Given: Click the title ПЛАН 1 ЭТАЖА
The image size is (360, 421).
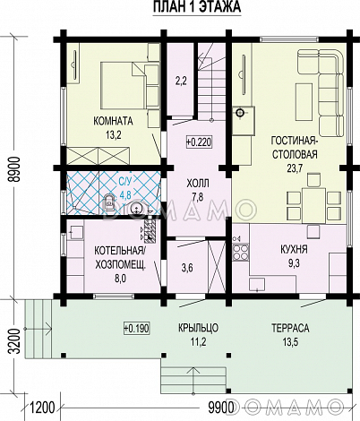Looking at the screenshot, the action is [x=197, y=7].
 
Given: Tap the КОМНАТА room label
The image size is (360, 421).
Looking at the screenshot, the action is [x=113, y=121].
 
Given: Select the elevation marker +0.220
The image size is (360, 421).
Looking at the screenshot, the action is [x=199, y=142].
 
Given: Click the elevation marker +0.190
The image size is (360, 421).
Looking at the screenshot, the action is [x=136, y=328].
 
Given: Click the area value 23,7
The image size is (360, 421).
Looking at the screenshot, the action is [x=295, y=168].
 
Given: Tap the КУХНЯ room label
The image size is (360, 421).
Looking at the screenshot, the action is [x=294, y=249].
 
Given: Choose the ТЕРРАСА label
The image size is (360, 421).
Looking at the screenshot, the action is [x=290, y=328].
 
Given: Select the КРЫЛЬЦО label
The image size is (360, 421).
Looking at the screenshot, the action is [x=199, y=328].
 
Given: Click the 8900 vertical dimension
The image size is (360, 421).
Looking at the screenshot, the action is [x=14, y=168].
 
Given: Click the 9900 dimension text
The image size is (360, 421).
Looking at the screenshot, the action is [x=220, y=408].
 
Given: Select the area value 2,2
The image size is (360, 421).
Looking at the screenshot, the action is [x=181, y=81].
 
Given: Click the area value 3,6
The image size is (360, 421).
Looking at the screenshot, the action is [x=187, y=268].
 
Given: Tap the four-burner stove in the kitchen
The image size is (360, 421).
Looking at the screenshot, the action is [x=240, y=253].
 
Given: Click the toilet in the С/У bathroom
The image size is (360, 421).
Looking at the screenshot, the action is [x=109, y=202].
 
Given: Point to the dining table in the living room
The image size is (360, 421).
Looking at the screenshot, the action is [x=313, y=205].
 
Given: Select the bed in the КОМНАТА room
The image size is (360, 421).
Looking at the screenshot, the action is [x=123, y=85].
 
